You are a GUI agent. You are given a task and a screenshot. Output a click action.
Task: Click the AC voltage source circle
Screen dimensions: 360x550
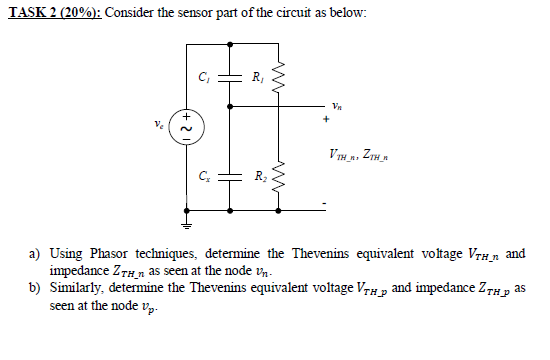pyautogui.click(x=184, y=127)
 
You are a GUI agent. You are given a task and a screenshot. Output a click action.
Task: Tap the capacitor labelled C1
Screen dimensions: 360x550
pyautogui.click(x=232, y=77)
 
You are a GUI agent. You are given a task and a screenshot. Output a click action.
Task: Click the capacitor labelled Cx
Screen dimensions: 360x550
pyautogui.click(x=232, y=178)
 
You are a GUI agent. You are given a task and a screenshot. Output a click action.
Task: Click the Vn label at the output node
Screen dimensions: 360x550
pyautogui.click(x=337, y=103)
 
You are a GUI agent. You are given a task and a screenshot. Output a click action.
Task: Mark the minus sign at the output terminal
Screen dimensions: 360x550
pyautogui.click(x=324, y=205)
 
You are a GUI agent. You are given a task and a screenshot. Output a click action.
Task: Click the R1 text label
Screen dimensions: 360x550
pyautogui.click(x=259, y=76)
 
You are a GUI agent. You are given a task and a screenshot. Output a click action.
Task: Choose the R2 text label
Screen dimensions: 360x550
pyautogui.click(x=259, y=178)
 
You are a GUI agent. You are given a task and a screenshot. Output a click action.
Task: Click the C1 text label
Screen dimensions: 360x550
pyautogui.click(x=205, y=76)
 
